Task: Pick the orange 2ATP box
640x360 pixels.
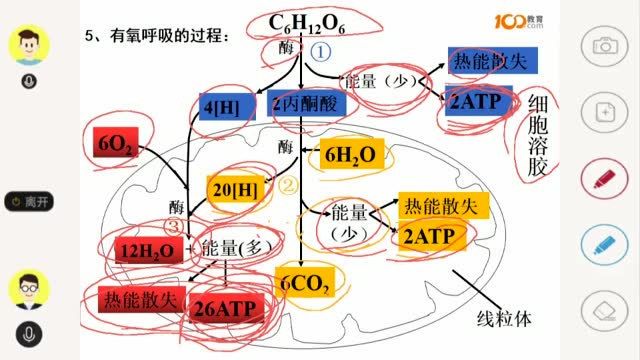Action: pos(430,236)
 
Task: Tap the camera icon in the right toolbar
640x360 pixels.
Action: pos(604,45)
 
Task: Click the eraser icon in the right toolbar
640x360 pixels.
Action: pos(604,307)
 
